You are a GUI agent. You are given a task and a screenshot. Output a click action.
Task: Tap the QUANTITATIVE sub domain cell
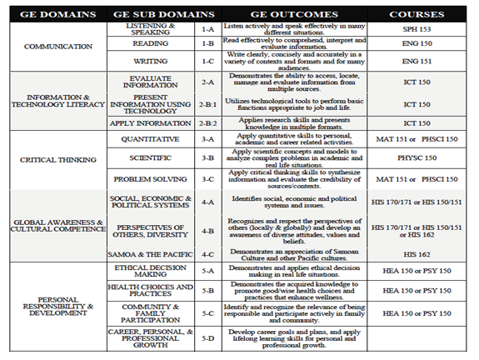coord(151,137)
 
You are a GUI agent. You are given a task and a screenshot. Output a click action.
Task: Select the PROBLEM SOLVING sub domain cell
coord(151,177)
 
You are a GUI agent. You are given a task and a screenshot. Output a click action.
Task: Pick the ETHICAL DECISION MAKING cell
coord(151,270)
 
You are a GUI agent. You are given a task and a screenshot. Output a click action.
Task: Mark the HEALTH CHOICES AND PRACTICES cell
coord(151,291)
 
